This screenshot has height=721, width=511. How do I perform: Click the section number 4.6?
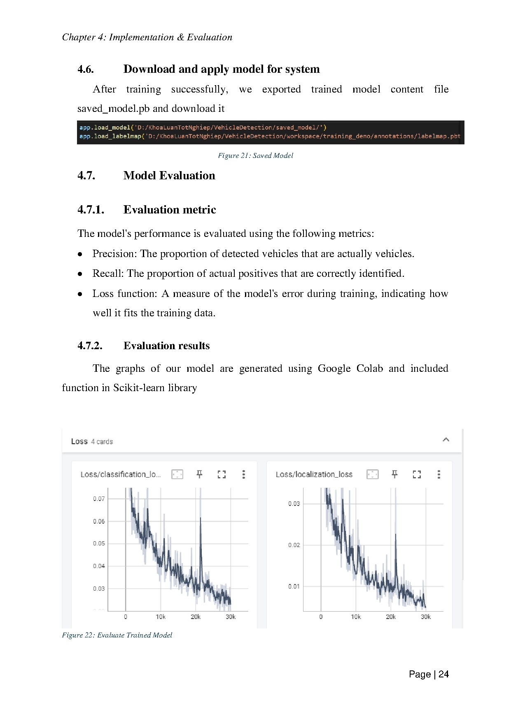pyautogui.click(x=86, y=69)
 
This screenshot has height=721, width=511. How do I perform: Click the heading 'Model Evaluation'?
pyautogui.click(x=169, y=176)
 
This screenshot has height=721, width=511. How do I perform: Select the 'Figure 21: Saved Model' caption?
pyautogui.click(x=255, y=155)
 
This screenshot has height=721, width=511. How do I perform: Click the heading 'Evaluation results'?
pyautogui.click(x=166, y=345)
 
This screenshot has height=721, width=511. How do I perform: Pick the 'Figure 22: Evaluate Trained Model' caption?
pyautogui.click(x=117, y=635)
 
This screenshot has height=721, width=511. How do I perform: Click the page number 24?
pyautogui.click(x=443, y=674)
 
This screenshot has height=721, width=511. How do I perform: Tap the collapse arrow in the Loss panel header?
pyautogui.click(x=446, y=440)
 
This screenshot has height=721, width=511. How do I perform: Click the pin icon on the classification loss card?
pyautogui.click(x=199, y=474)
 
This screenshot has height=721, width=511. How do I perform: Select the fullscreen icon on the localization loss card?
pyautogui.click(x=417, y=474)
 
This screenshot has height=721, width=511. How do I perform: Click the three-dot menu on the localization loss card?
pyautogui.click(x=439, y=474)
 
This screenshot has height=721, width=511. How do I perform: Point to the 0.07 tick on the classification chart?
pyautogui.click(x=99, y=499)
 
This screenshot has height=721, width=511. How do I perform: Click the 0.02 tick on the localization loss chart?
pyautogui.click(x=294, y=545)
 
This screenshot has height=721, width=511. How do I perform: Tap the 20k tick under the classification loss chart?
pyautogui.click(x=196, y=617)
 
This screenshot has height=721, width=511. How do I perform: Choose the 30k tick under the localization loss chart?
pyautogui.click(x=426, y=617)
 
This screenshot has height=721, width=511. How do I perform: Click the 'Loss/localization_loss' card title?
pyautogui.click(x=314, y=474)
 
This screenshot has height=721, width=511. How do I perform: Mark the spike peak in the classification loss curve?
pyautogui.click(x=201, y=518)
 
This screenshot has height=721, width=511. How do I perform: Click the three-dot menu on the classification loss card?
pyautogui.click(x=244, y=474)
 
